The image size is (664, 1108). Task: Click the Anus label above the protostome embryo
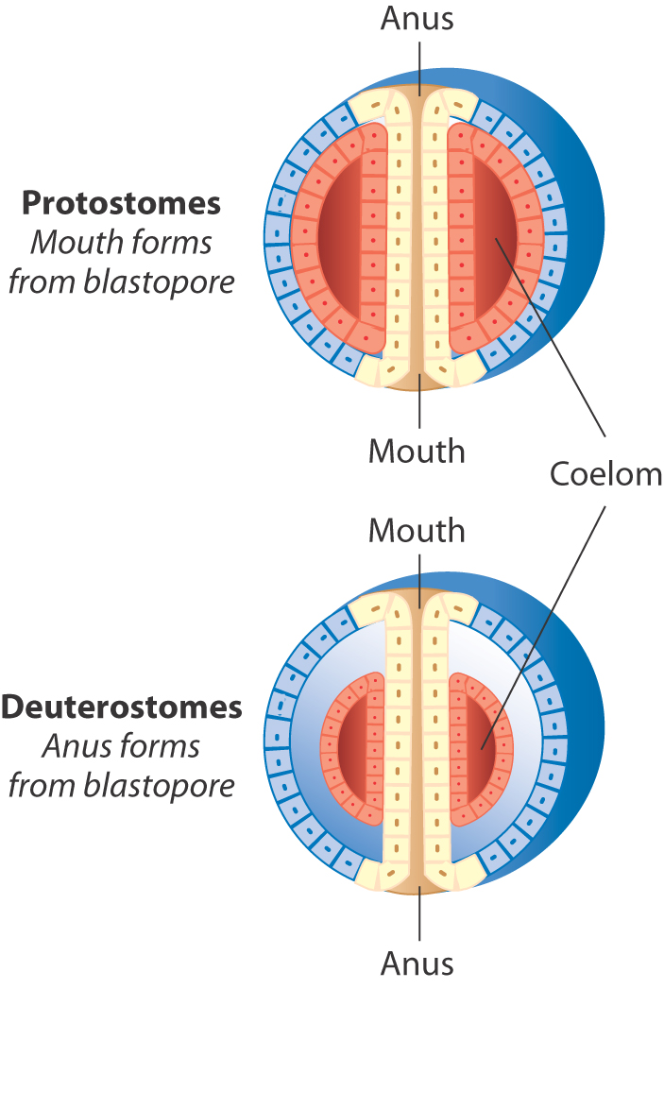pos(417,19)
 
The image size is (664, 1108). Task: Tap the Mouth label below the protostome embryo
pos(417,451)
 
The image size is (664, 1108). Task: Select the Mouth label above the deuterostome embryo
pos(417,530)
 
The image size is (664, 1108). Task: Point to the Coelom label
pos(605,474)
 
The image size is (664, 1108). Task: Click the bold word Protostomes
pos(122,202)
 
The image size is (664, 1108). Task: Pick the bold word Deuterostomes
pos(122,707)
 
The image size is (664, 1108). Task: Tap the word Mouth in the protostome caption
pos(67,242)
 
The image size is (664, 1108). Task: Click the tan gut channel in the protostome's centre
pos(417,236)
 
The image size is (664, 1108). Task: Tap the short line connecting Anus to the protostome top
pos(417,61)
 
